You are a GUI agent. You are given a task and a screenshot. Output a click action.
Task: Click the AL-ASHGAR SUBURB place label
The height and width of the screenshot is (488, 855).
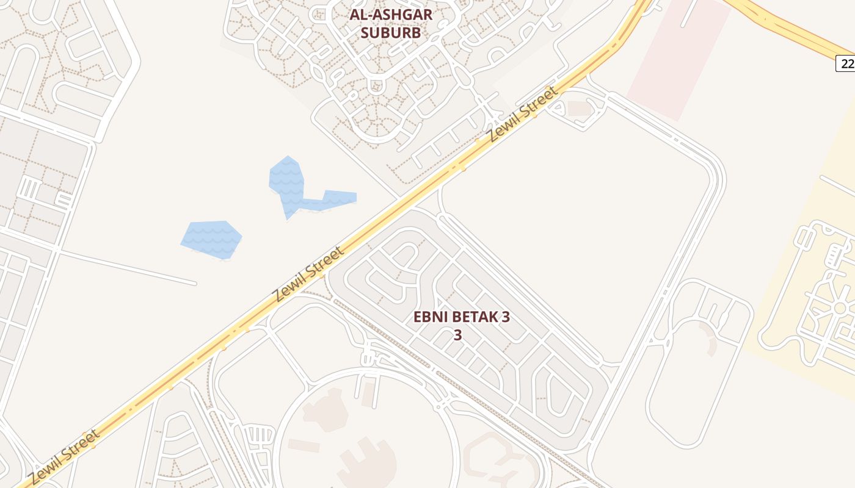point(391,23)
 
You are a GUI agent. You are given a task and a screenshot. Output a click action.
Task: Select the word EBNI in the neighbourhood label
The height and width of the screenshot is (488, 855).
point(430,317)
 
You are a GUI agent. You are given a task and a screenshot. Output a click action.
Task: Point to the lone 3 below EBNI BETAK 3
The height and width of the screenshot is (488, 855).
point(457,335)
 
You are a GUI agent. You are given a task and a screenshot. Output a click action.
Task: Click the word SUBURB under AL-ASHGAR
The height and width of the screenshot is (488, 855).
point(391,32)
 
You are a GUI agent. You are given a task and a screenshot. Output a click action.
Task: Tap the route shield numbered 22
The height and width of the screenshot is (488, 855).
point(846,63)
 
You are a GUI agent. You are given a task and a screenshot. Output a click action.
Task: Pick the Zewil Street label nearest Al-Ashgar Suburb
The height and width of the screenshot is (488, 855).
point(523,113)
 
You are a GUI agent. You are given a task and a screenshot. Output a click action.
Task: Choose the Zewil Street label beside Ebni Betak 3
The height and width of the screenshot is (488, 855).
point(308,274)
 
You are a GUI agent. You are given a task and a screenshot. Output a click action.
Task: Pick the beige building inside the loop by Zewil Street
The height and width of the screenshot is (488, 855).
point(580,109)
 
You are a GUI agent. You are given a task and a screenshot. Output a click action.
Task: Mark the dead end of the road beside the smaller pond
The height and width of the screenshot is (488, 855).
point(195,283)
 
